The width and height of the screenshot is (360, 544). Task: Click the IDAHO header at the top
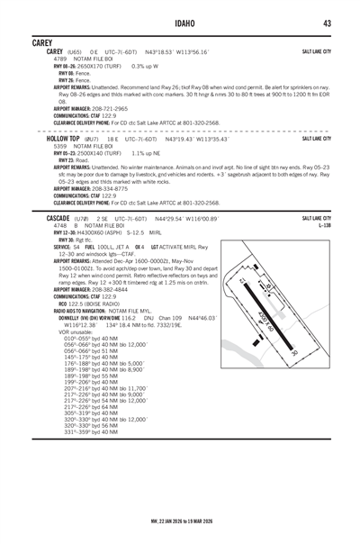180,23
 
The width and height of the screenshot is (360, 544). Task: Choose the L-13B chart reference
324,226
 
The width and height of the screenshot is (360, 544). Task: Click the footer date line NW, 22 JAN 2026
180,520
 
